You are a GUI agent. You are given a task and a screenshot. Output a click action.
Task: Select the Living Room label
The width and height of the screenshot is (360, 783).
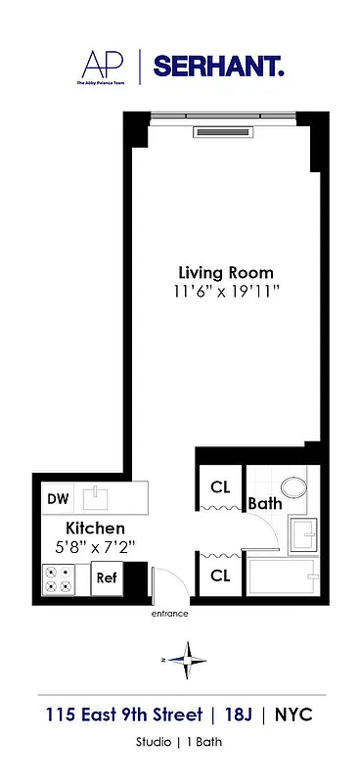click(x=225, y=272)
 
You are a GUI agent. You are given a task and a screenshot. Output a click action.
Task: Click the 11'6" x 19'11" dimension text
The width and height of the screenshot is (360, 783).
click(x=225, y=291)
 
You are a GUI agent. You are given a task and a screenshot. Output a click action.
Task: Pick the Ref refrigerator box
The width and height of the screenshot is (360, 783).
click(x=106, y=577)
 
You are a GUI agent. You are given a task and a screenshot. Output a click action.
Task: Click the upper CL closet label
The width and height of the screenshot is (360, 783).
click(x=220, y=487)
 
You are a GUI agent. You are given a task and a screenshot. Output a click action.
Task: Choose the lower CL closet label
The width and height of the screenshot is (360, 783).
click(x=220, y=576)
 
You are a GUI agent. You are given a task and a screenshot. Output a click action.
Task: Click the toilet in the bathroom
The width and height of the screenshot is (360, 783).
click(x=292, y=487)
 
